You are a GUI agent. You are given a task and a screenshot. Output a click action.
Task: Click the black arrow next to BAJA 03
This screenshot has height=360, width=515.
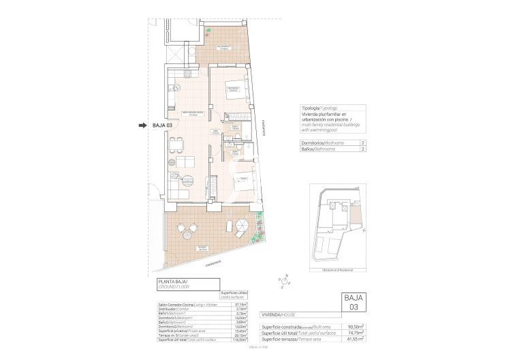142,125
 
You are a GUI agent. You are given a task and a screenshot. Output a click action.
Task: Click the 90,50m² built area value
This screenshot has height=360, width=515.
354,327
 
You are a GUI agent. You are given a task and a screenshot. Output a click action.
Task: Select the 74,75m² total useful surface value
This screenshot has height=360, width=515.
354,332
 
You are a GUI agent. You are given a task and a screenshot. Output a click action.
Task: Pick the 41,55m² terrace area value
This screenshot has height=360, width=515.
354,338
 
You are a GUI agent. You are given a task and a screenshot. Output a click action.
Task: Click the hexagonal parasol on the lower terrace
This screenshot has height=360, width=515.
242,225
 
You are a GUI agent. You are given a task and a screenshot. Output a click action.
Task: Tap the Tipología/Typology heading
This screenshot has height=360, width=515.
319,108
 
